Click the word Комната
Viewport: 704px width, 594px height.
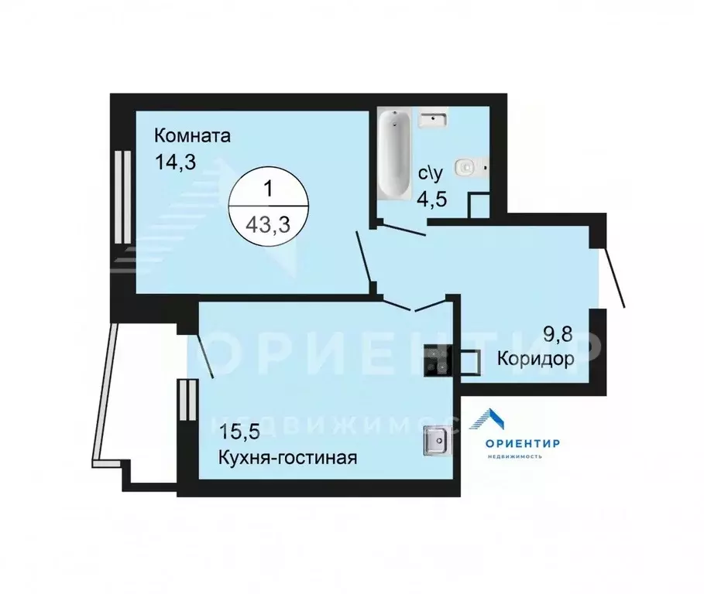(x=192, y=137)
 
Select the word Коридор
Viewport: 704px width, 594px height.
(x=536, y=359)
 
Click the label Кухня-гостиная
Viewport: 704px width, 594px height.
(x=287, y=456)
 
